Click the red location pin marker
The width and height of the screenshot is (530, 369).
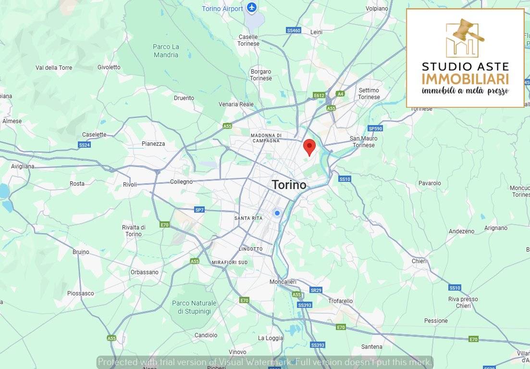point(310,146)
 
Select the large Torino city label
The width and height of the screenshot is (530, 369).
point(289,184)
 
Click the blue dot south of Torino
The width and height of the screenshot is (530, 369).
point(277,213)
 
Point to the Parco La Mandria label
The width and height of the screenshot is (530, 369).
point(166,51)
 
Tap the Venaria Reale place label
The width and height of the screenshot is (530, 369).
point(236,104)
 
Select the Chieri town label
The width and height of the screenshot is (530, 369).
point(419,261)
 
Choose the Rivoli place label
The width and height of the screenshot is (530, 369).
point(130,184)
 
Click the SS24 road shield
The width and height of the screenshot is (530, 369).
point(85,144)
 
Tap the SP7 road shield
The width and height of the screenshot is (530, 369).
point(199,210)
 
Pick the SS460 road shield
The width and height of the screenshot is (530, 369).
point(293,30)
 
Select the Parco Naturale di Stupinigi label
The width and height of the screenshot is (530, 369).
point(194,307)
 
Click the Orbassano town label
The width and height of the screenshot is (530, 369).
point(144,272)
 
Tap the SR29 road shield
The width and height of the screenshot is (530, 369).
point(316,290)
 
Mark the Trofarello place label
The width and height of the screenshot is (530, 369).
point(340,301)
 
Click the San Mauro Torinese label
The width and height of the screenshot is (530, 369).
point(364,142)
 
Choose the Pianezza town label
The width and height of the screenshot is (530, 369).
point(153,143)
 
